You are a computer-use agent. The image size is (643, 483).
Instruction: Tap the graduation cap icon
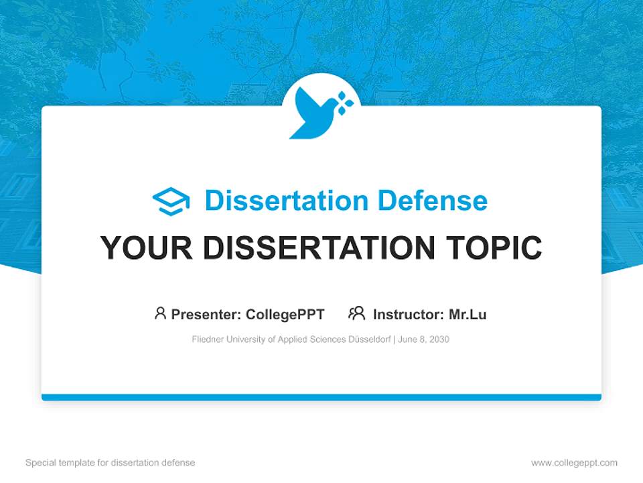171,201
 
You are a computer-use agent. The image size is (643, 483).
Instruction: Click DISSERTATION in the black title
319,248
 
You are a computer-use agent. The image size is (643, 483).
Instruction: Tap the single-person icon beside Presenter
160,313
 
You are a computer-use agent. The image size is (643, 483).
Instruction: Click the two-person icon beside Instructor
357,313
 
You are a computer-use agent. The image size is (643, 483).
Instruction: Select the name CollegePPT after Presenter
285,314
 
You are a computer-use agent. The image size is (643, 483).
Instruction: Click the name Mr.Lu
468,314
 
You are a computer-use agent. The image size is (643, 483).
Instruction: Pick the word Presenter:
206,314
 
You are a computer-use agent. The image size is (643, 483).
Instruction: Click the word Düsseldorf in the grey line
370,339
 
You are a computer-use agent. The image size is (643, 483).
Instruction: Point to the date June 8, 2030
423,339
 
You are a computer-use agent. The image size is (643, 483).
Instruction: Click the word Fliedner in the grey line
206,339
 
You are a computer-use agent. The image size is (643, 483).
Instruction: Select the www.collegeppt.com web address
574,463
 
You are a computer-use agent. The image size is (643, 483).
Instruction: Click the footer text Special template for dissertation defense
111,463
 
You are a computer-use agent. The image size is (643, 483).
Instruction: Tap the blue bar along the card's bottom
321,397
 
